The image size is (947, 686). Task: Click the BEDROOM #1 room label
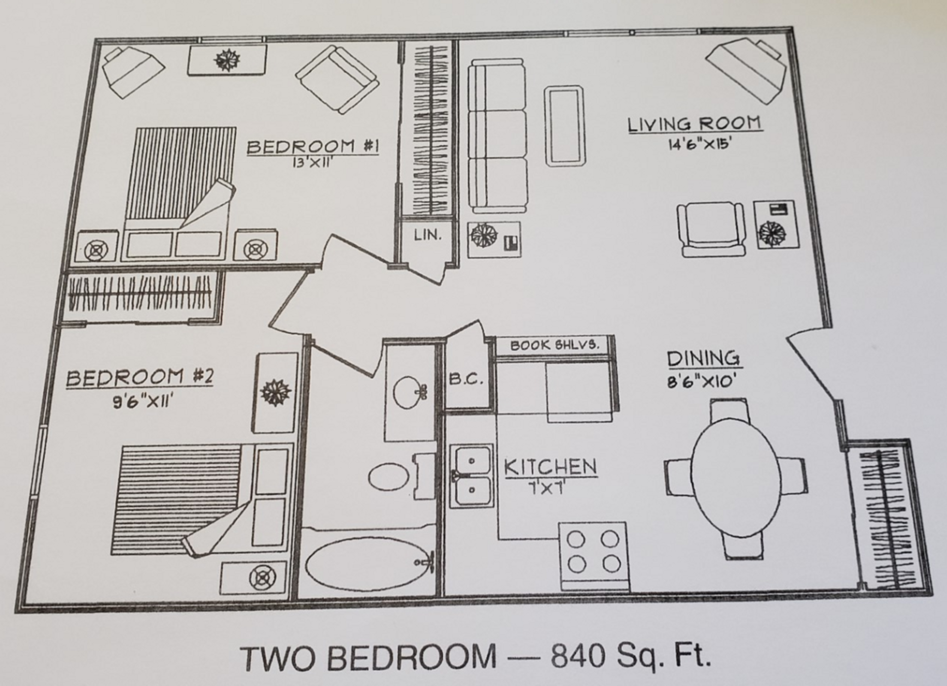coord(312,147)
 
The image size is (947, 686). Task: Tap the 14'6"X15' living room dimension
coord(695,144)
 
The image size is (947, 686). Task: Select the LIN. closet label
coord(427,235)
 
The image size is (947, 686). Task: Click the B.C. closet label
coord(466,379)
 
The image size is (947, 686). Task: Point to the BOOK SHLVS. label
coord(554,345)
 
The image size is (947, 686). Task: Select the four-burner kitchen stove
coord(594,555)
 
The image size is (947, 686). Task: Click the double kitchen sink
coord(472,476)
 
